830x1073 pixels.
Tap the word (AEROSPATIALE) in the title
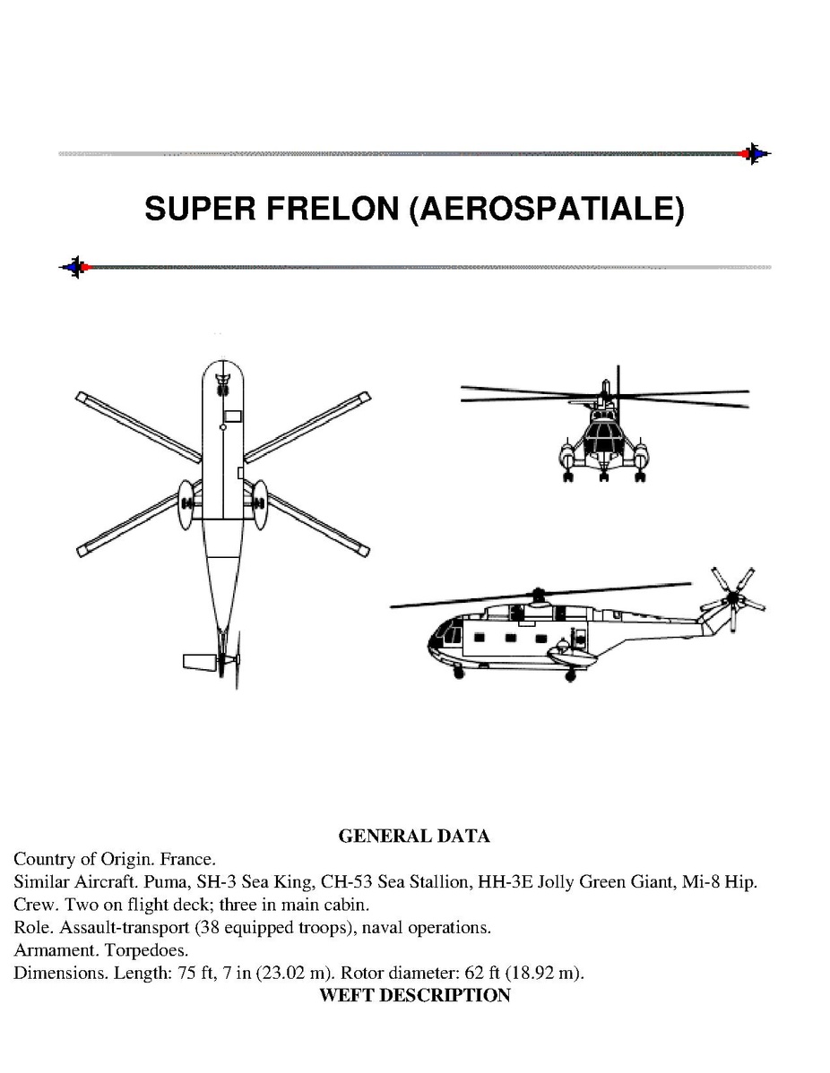pos(547,209)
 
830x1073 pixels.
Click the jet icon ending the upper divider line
pos(754,153)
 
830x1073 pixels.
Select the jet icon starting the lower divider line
pos(74,267)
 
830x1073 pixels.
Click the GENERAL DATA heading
pos(414,836)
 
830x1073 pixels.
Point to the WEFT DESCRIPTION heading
pos(414,995)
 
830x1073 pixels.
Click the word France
pos(187,859)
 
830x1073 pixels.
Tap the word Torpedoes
pos(146,950)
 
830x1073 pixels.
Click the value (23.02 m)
pos(295,973)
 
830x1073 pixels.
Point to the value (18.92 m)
pos(544,973)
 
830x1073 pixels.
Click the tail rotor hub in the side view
pos(734,599)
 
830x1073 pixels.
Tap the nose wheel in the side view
pos(459,674)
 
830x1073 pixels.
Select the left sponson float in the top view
pos(186,505)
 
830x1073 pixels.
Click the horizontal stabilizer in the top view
pos(200,663)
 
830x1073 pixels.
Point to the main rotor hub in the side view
pos(539,595)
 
